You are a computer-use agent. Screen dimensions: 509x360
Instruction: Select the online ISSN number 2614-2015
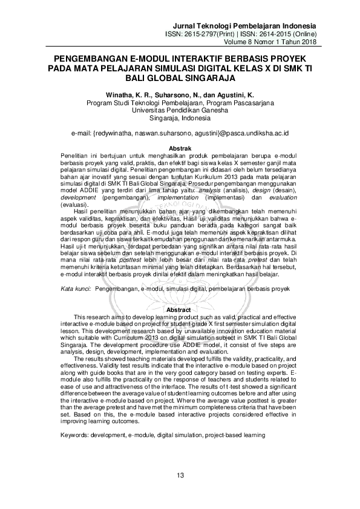coord(273,34)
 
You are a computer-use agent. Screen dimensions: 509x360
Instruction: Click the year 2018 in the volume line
coord(308,42)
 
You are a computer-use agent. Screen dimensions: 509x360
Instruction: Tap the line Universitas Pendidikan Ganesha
coord(180,111)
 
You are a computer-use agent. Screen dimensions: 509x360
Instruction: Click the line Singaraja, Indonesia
coord(180,118)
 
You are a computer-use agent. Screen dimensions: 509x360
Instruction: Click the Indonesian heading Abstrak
coord(180,148)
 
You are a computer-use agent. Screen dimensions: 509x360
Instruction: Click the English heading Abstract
coord(180,310)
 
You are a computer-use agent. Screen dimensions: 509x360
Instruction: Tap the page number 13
coord(180,475)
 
